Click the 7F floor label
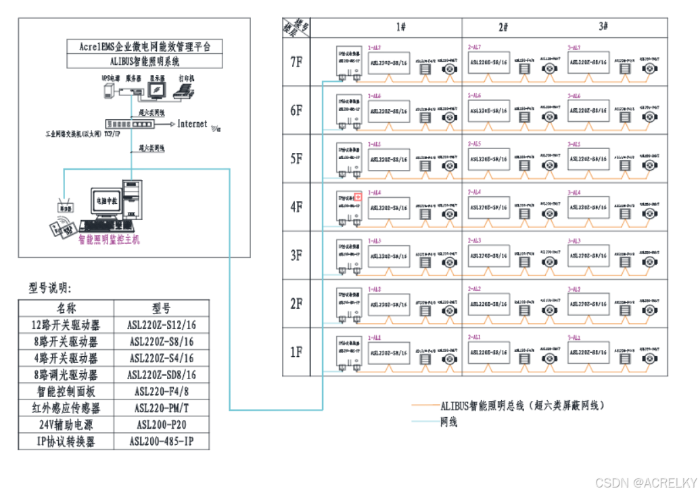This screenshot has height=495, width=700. click(x=296, y=62)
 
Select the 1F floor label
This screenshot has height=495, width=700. click(x=296, y=352)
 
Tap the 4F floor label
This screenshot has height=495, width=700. click(x=296, y=207)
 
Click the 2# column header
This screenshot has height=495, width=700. click(x=503, y=26)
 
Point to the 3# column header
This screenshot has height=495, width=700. click(x=604, y=26)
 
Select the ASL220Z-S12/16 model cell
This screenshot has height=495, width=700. click(x=161, y=325)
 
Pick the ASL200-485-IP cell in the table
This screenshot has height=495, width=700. click(x=161, y=442)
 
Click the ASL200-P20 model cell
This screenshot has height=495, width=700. click(x=161, y=425)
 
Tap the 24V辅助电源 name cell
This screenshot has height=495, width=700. click(x=66, y=425)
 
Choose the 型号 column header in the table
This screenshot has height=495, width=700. click(x=161, y=309)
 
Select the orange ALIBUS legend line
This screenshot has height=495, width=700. click(x=425, y=406)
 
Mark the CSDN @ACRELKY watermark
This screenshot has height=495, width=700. click(x=645, y=482)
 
